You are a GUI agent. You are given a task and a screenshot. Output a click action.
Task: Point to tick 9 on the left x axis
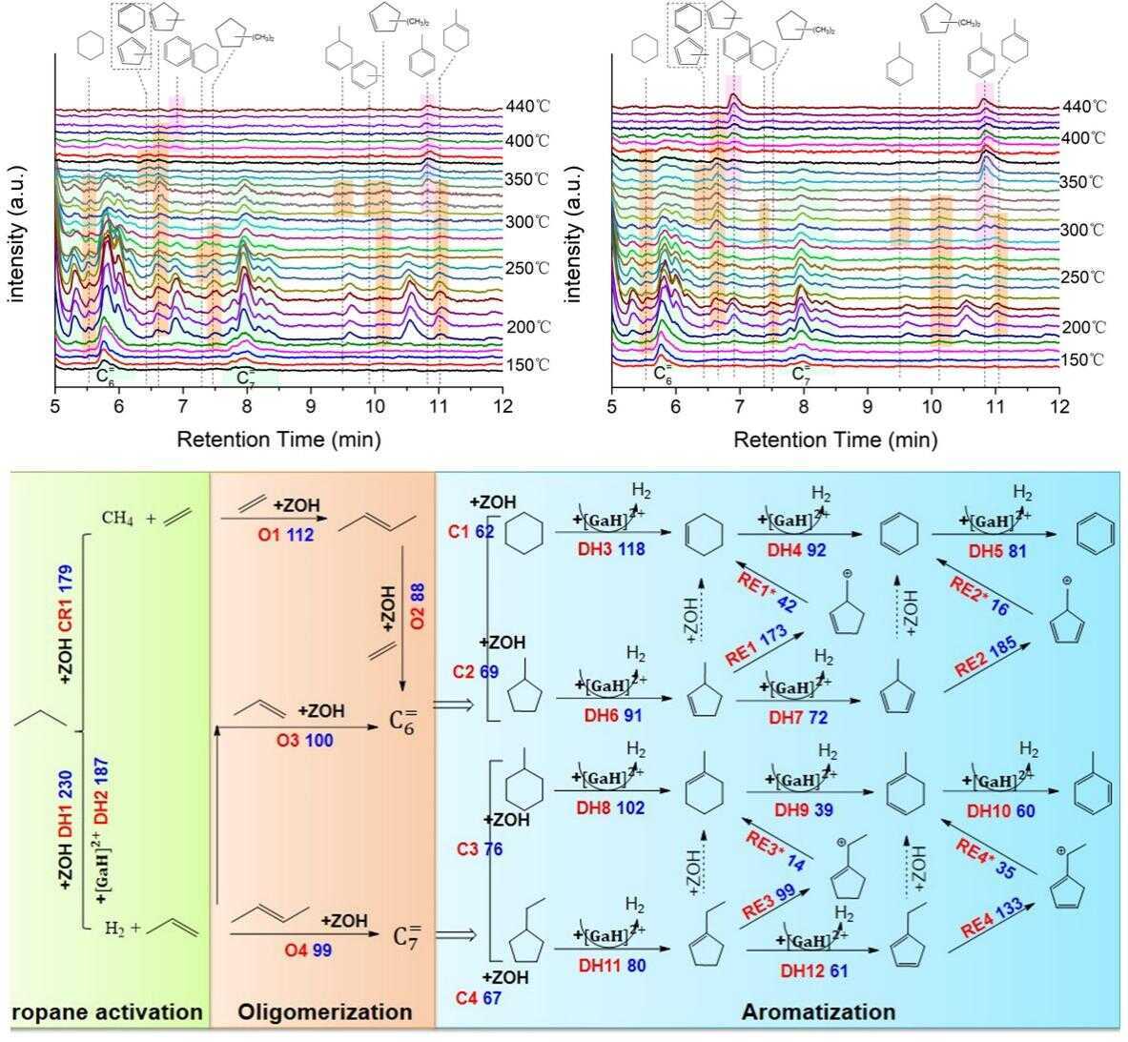(x=311, y=407)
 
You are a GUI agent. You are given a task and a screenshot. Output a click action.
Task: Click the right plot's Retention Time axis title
(x=835, y=439)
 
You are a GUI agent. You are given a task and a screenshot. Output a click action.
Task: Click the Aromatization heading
(x=818, y=1011)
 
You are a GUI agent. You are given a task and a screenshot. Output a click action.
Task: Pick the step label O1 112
(x=285, y=535)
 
